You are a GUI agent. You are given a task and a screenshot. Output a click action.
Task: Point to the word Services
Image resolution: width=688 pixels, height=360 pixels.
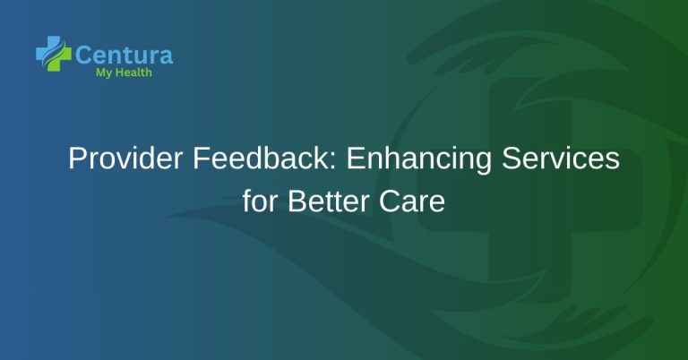point(564,160)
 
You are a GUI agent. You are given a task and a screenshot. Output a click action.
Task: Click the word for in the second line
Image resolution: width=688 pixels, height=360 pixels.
point(262,201)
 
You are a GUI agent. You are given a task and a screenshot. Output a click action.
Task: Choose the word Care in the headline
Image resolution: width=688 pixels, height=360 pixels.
point(413,201)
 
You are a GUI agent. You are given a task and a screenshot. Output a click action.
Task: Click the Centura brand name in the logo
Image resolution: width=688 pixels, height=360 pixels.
point(125,55)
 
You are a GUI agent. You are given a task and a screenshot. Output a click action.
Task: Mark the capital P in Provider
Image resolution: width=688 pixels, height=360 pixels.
point(77,160)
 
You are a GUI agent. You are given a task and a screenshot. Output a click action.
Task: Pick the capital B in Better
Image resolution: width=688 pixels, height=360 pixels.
point(296,201)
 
